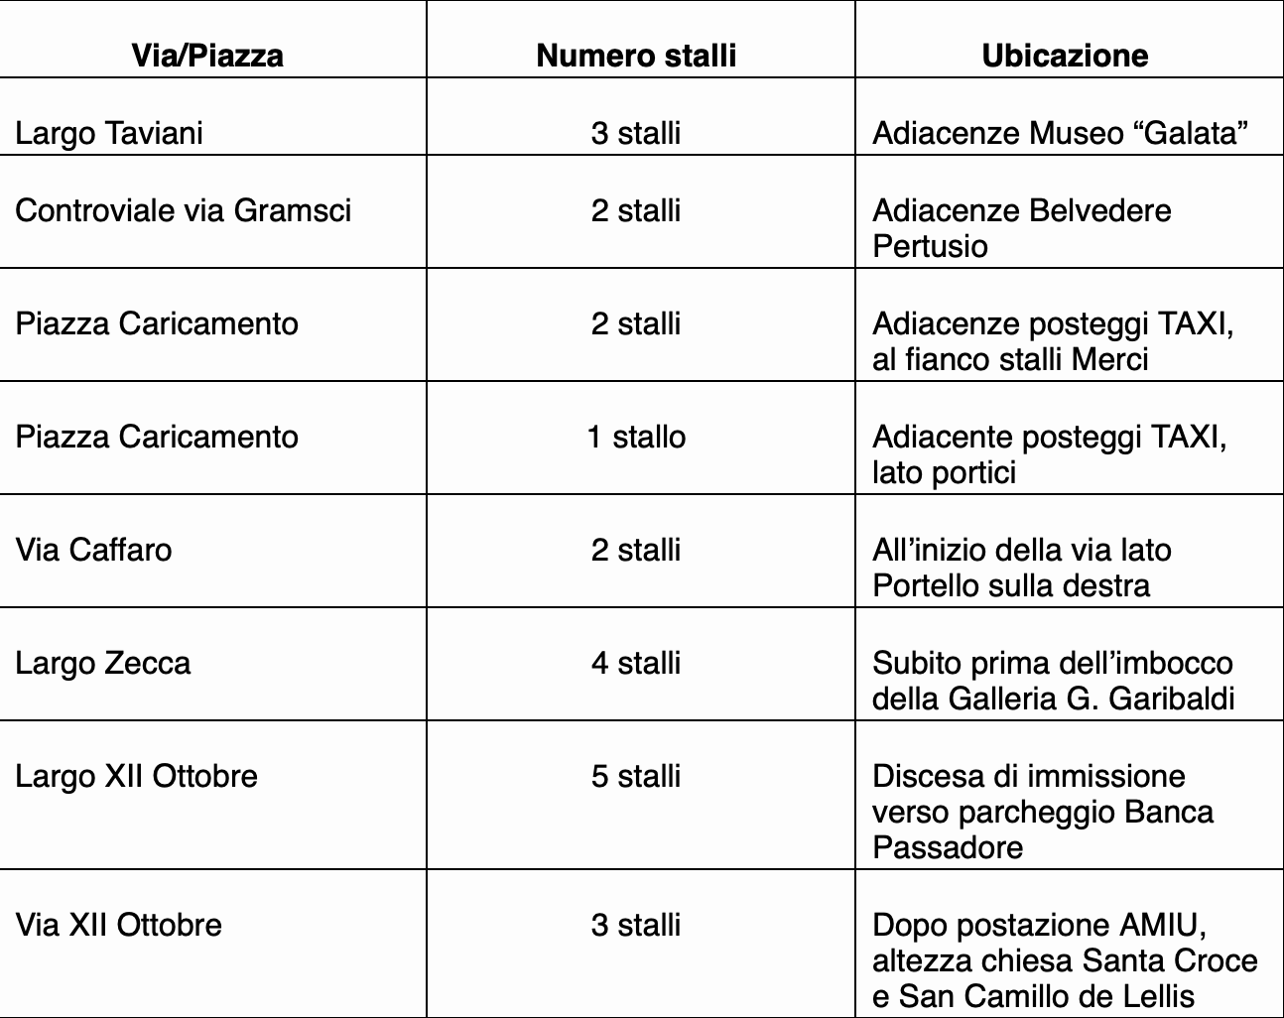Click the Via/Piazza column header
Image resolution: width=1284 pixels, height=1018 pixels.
tap(207, 55)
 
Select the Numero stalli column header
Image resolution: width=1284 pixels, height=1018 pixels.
tap(636, 55)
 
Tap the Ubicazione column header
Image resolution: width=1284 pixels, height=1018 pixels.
tap(1065, 55)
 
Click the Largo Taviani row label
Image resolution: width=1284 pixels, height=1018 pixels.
tap(109, 133)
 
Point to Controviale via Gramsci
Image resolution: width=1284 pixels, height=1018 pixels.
tap(184, 210)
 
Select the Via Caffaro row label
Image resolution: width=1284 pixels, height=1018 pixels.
tap(93, 550)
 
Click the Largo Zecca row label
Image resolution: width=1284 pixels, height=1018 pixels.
tap(102, 663)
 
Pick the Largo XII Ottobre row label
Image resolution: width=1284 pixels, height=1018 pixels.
tap(136, 776)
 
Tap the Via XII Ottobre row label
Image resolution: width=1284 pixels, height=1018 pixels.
tap(118, 925)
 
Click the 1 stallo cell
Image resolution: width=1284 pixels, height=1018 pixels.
tap(636, 437)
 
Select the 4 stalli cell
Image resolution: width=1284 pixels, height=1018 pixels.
tap(636, 663)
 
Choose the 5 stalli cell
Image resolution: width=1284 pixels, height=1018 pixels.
tap(636, 776)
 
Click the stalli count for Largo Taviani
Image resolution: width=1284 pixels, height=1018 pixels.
tap(636, 133)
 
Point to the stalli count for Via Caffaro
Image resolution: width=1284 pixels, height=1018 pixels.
tap(636, 550)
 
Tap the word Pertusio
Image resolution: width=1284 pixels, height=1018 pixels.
tap(930, 246)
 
